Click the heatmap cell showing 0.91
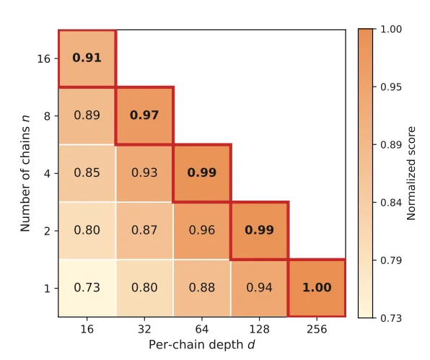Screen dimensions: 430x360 pos(87,58)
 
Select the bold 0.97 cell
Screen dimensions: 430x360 pos(144,115)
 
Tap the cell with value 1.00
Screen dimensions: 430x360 pos(317,288)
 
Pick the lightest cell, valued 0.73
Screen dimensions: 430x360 pos(87,288)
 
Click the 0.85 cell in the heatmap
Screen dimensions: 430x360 pos(87,173)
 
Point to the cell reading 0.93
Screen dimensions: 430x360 pos(144,173)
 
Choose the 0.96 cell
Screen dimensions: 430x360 pos(202,231)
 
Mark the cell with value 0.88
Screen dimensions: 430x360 pos(202,288)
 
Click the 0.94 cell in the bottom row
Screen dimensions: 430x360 pos(260,288)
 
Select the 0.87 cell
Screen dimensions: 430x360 pos(144,231)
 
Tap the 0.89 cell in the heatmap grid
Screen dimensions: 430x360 pos(87,115)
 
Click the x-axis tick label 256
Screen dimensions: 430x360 pos(317,329)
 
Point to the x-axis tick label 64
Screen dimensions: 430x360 pos(202,329)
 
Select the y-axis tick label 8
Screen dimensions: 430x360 pos(47,116)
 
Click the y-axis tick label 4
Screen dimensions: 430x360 pos(47,174)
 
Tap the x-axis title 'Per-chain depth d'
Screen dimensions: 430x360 pos(202,345)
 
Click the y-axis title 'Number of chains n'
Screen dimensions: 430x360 pos(25,173)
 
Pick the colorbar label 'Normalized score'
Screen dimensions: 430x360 pos(411,173)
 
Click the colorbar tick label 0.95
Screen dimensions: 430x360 pos(391,87)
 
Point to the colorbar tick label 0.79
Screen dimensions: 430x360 pos(391,260)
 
